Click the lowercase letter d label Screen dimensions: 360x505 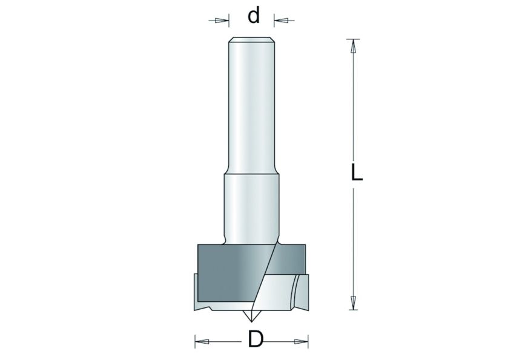pos(254,16)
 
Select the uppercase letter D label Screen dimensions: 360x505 pos(256,341)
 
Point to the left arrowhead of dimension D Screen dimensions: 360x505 pos(202,342)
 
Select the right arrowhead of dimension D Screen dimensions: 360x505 pos(300,342)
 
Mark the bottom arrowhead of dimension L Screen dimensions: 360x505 pos(352,301)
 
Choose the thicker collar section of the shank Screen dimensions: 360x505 pos(251,206)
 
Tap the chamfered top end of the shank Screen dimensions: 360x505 pos(251,41)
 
